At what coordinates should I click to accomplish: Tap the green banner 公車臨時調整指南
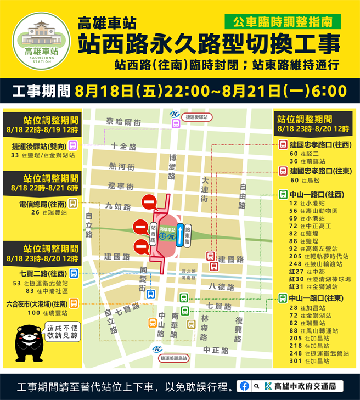pyautogui.click(x=282, y=22)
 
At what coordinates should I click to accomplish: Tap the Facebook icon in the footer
pyautogui.click(x=244, y=386)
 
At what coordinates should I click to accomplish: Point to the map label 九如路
pyautogui.click(x=119, y=207)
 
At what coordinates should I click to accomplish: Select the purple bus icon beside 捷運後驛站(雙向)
pyautogui.click(x=74, y=145)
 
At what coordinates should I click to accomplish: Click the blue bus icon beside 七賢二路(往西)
pyautogui.click(x=74, y=273)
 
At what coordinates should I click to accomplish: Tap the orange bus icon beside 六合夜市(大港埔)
pyautogui.click(x=74, y=303)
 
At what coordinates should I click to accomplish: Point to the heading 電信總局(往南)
pyautogui.click(x=42, y=204)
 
